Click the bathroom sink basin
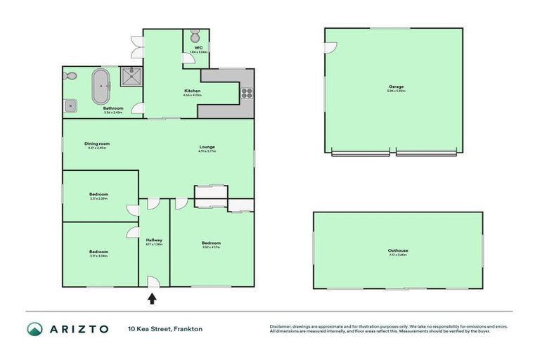72,106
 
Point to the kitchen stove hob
247,91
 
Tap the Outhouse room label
398,250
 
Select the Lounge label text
207,146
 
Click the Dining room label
98,143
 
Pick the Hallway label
154,240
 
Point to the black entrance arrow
152,298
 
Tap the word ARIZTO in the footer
79,329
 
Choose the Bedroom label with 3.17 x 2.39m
98,194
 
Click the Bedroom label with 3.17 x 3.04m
98,252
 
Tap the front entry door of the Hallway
154,283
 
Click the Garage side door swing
330,47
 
